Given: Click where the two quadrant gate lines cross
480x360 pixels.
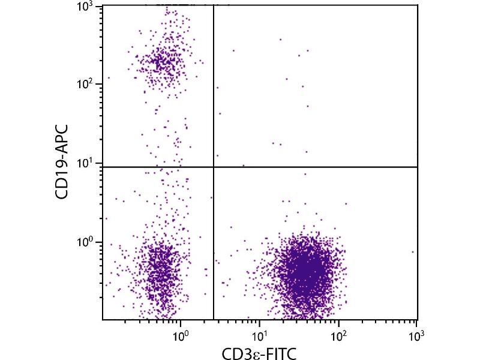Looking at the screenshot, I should (x=214, y=167).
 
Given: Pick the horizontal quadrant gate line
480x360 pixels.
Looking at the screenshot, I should (x=312, y=167).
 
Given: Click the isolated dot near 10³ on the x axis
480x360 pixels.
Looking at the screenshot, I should (x=413, y=252).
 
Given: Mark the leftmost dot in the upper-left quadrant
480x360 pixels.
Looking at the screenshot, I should (x=109, y=78).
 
